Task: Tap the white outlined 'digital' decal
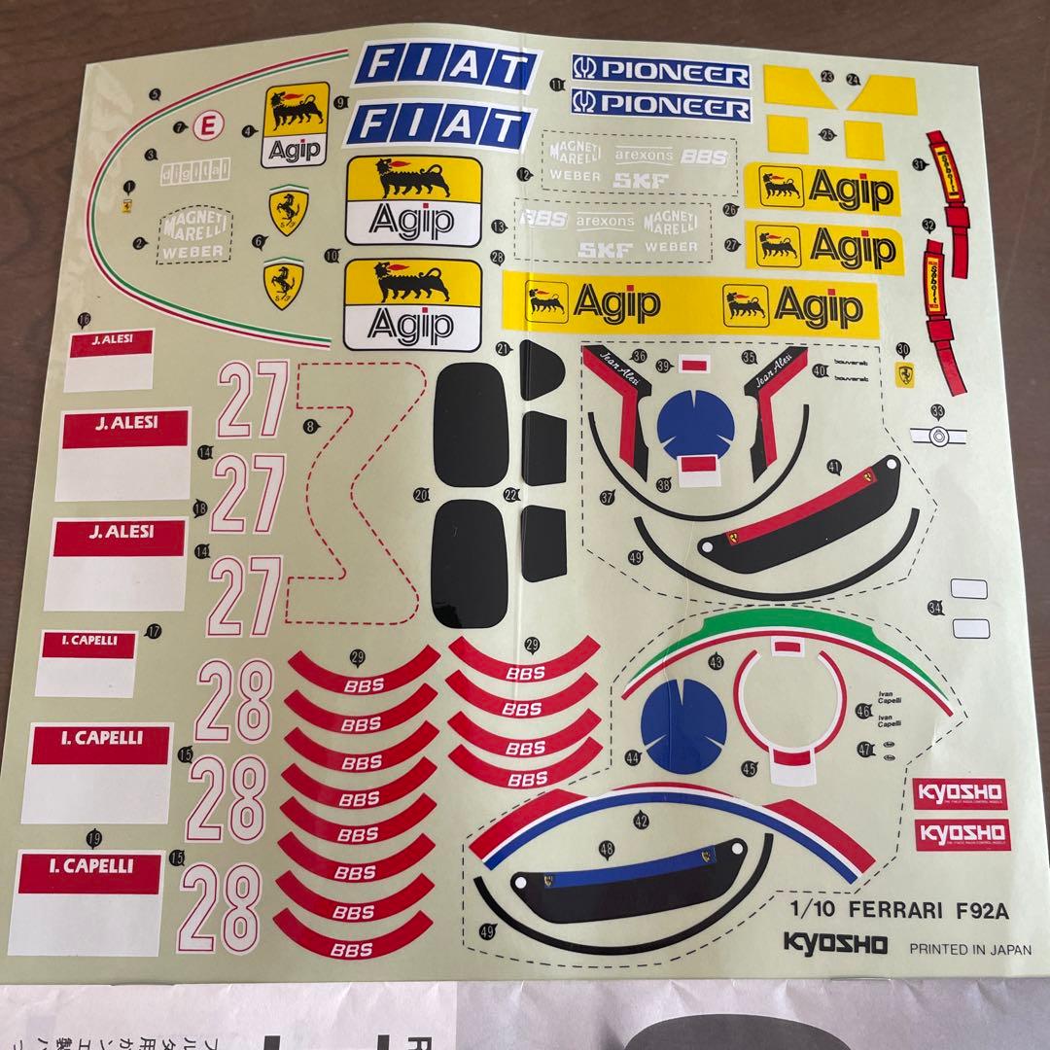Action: (195, 171)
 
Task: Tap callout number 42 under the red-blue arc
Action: (641, 820)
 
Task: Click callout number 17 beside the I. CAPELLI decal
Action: (154, 631)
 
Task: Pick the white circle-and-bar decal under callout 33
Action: (936, 437)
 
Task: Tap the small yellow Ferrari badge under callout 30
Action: (905, 375)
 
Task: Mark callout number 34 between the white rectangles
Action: (935, 608)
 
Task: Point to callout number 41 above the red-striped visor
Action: (834, 467)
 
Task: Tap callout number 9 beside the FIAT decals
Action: (340, 101)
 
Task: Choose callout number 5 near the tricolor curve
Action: (156, 94)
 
